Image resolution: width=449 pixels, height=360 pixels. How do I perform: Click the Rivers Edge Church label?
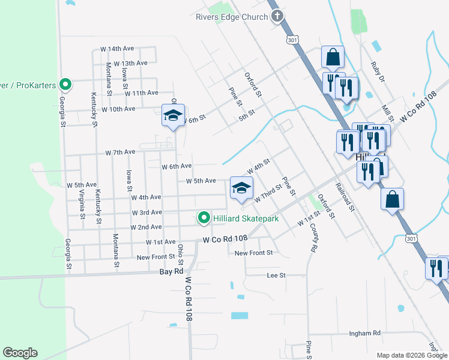click(x=231, y=17)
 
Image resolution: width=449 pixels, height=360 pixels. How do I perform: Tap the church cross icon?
click(x=277, y=16)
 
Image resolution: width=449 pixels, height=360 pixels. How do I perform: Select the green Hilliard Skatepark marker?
click(x=204, y=218)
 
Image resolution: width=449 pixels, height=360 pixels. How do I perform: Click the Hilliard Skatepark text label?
click(x=246, y=218)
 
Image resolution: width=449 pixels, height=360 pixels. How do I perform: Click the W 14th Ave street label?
click(x=116, y=49)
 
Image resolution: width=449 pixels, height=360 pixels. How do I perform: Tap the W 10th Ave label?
click(x=118, y=109)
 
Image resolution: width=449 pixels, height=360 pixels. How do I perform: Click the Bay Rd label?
click(x=171, y=271)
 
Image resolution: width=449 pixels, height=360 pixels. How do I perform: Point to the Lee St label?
click(x=277, y=275)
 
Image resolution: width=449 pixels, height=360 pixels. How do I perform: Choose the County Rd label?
click(x=313, y=238)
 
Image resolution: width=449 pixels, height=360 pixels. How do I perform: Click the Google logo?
click(x=20, y=353)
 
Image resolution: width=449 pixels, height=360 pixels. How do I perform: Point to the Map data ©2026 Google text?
click(x=411, y=355)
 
